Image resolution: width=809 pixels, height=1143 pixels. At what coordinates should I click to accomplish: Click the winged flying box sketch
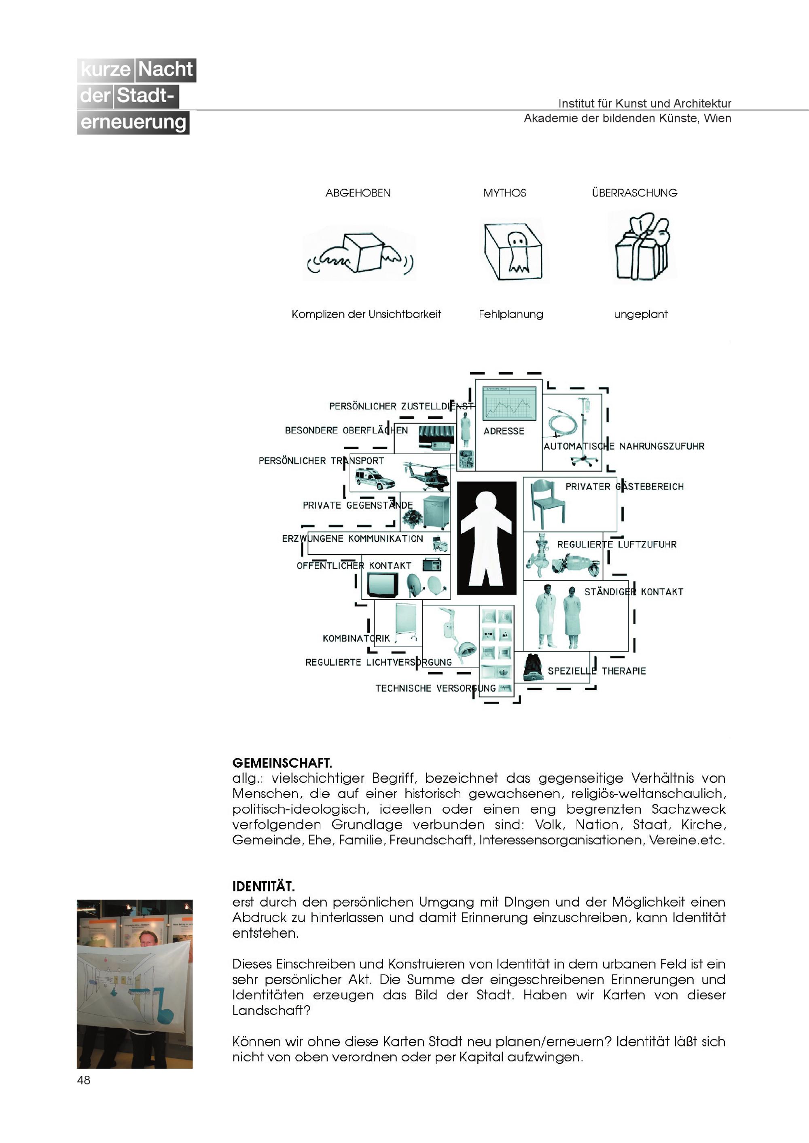360,254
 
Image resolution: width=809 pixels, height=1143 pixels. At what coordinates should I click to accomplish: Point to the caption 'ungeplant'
641,314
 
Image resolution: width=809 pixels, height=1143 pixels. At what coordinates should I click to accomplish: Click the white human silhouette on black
486,538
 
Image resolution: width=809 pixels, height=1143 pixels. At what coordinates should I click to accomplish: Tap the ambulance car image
375,479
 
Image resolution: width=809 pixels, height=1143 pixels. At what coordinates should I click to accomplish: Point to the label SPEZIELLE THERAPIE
596,671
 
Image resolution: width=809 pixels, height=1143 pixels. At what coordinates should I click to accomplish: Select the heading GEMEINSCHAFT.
282,763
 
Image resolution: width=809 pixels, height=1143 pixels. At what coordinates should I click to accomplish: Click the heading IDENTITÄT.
263,886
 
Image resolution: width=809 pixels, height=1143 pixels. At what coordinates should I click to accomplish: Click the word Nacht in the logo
165,69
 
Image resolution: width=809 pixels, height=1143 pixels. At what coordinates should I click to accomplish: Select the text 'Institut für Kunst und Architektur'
645,103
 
